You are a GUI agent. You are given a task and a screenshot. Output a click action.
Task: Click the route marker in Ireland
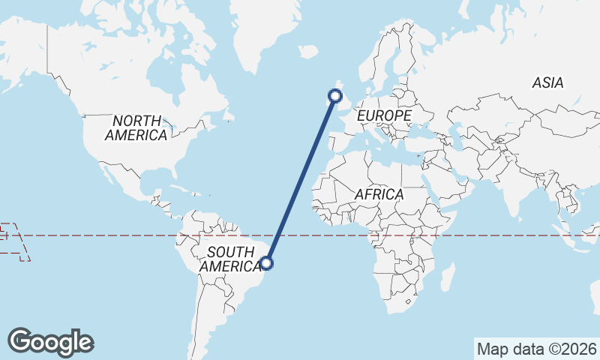click(x=335, y=95)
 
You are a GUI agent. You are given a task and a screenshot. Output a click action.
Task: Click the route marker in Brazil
click(x=266, y=262)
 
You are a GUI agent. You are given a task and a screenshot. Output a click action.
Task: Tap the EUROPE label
click(x=384, y=115)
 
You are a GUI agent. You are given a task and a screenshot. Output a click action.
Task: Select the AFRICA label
click(x=379, y=194)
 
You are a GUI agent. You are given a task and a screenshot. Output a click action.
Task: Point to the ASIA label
click(x=547, y=83)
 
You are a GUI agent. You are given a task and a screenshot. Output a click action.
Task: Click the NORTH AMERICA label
click(x=136, y=127)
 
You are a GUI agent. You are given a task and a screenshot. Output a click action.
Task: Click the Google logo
click(x=50, y=342)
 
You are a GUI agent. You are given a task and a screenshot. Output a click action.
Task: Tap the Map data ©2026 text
click(x=536, y=349)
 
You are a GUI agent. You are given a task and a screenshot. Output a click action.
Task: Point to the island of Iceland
click(x=307, y=52)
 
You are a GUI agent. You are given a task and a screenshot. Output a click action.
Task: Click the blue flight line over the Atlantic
click(x=301, y=179)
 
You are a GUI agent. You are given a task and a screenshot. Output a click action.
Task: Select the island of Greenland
click(x=262, y=30)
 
